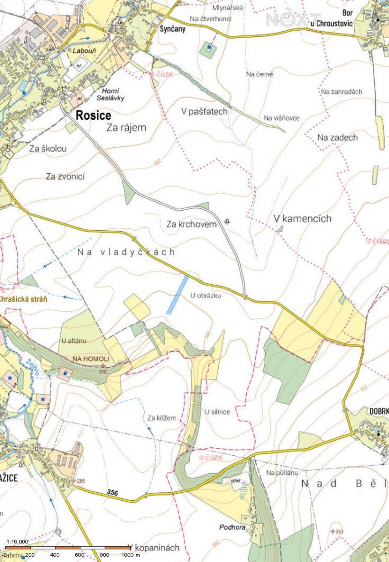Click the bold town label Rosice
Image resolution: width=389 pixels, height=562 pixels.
(93, 115)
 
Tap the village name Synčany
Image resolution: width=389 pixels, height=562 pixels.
(172, 29)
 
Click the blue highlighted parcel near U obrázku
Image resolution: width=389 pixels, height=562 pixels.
(178, 295)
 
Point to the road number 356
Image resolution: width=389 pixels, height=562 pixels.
(113, 492)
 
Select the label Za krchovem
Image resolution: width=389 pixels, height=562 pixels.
(191, 224)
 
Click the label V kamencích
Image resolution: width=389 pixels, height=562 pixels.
(302, 218)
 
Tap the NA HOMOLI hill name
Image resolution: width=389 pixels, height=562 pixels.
(91, 359)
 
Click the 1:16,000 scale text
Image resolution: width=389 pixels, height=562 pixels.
(17, 542)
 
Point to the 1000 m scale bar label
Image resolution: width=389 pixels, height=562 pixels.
(130, 555)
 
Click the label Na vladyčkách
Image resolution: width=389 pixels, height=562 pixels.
(126, 252)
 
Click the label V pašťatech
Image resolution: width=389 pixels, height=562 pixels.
(204, 111)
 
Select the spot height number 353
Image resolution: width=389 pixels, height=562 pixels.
(339, 532)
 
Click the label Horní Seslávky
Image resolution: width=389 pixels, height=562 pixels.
(110, 94)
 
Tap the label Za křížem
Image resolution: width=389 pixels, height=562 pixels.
(162, 418)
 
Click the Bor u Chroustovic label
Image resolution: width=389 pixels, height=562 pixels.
(335, 18)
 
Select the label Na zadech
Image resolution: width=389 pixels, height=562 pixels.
(337, 137)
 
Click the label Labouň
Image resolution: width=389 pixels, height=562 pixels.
(84, 50)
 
